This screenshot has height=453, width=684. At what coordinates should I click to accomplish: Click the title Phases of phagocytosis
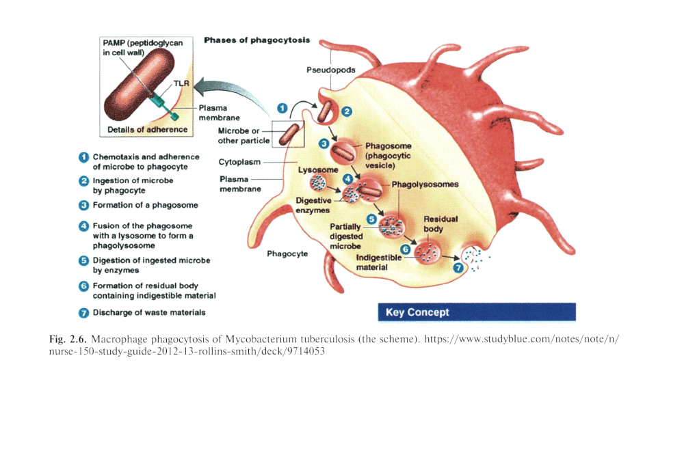[256, 40]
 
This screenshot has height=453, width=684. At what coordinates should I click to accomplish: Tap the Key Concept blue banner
[476, 312]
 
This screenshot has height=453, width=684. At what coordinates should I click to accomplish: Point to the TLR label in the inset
[181, 82]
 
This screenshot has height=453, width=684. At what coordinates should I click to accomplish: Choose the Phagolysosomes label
[425, 184]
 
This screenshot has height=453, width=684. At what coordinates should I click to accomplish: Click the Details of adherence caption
[147, 129]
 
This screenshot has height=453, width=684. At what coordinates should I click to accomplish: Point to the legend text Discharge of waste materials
[148, 312]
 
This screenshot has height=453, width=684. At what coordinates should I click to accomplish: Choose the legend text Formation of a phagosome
[145, 205]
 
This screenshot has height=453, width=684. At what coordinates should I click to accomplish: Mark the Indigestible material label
[378, 262]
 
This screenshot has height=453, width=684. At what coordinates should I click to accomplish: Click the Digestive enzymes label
[313, 205]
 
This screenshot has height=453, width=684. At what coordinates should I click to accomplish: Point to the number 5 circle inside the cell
[371, 219]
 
